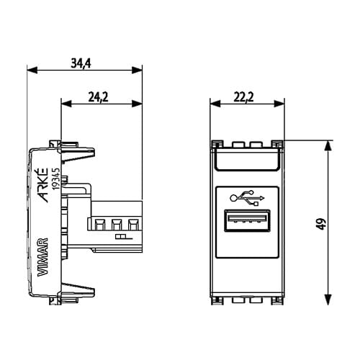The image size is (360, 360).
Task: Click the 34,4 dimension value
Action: point(81,63)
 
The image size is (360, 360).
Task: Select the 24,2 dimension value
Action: point(98,97)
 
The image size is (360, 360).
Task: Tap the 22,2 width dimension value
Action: point(243,97)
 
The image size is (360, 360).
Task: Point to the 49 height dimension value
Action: point(322,224)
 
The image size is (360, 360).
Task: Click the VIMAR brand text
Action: point(43,257)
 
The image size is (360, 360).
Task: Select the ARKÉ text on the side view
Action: point(43,185)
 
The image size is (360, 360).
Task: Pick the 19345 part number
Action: point(56,178)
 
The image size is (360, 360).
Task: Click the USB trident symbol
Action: point(247,198)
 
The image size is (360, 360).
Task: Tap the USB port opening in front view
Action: point(247,220)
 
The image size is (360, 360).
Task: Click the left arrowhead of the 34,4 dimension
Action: point(32,70)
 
